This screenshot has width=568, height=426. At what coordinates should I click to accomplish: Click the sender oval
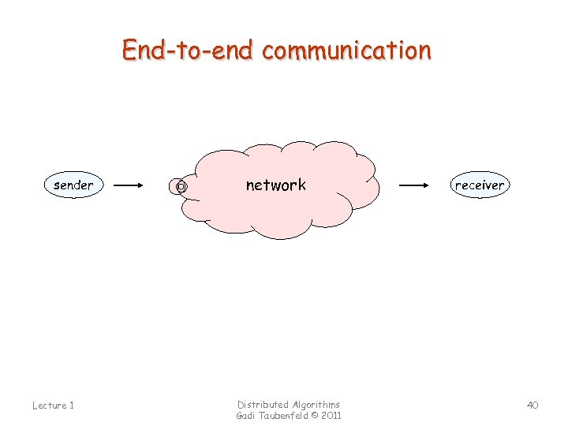coord(73,185)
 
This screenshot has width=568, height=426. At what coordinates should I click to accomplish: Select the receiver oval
coord(479,185)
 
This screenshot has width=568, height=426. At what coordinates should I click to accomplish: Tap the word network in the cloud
coord(275,185)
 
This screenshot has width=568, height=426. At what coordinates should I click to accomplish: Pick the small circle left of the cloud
coord(180,187)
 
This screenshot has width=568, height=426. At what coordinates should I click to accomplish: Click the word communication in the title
coord(347,50)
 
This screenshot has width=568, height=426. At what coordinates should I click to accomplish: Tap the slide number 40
coord(532,405)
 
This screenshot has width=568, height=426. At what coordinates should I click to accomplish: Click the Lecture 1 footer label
coord(53,405)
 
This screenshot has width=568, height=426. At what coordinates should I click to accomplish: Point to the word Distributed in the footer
coord(263,404)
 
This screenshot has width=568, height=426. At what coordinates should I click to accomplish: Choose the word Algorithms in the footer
coord(316,404)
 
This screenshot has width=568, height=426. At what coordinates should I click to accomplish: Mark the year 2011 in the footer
coord(331,416)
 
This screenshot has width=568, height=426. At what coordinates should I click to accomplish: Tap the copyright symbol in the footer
coord(314,416)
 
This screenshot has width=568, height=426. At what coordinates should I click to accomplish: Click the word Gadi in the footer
coord(246,416)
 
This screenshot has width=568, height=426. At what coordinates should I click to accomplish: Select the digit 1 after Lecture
coord(71,405)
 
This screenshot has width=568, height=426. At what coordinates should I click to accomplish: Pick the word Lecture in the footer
coord(48,405)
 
